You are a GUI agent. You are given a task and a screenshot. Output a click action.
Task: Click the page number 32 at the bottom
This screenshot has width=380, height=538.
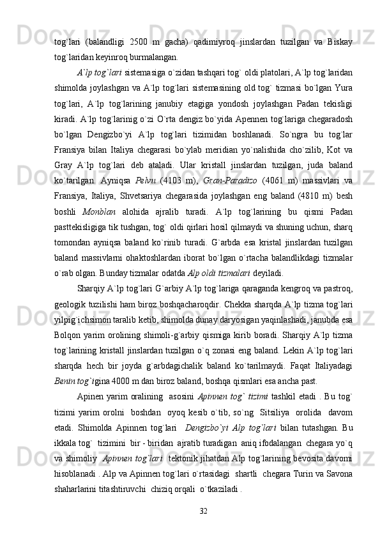pyautogui.click(x=204, y=511)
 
